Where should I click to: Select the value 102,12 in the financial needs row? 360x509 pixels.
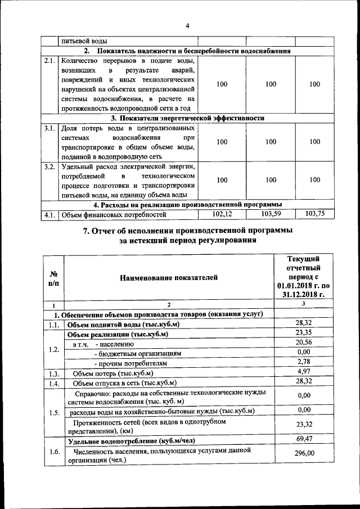[222, 214]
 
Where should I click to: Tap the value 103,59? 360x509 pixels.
[271, 214]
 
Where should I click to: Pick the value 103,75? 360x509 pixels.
[314, 214]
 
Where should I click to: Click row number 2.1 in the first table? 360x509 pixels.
[49, 61]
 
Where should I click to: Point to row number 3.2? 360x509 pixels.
[49, 167]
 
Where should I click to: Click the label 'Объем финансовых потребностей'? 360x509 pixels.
[114, 215]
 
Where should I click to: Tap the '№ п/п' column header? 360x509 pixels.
[54, 277]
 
